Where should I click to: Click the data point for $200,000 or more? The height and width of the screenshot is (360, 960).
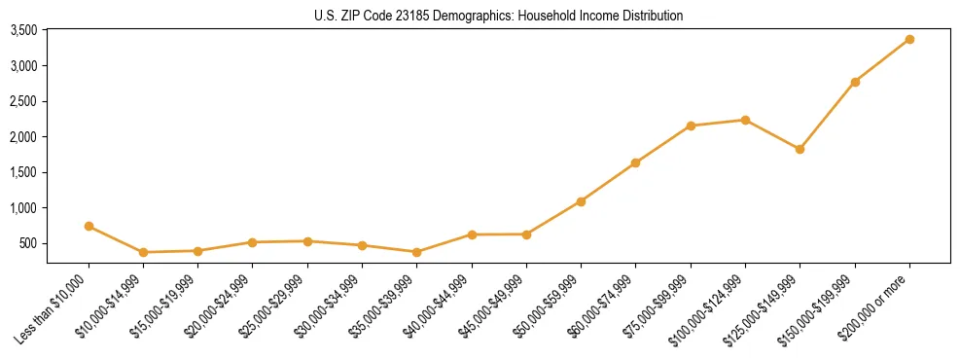coord(909,39)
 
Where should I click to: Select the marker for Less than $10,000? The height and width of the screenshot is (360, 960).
coord(89,226)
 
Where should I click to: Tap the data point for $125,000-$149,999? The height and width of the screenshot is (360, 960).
coord(800,149)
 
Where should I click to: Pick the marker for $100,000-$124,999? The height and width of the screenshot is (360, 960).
coord(745,120)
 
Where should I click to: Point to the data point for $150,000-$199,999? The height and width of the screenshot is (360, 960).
coord(855,82)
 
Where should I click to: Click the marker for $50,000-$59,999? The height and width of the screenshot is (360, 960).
coord(581,201)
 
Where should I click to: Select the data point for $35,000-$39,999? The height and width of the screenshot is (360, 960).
coord(417,252)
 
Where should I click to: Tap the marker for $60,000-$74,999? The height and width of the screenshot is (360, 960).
coord(635,162)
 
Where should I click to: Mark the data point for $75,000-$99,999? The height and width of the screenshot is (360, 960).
coord(691,126)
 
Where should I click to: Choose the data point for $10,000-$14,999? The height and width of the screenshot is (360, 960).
coord(143,252)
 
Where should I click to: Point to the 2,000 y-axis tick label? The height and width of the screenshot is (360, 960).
coord(23,137)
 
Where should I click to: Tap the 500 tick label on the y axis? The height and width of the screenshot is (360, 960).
coord(28,243)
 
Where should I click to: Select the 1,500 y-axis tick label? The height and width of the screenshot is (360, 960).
coord(23,172)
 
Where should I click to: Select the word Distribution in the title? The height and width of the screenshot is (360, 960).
coord(651,16)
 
